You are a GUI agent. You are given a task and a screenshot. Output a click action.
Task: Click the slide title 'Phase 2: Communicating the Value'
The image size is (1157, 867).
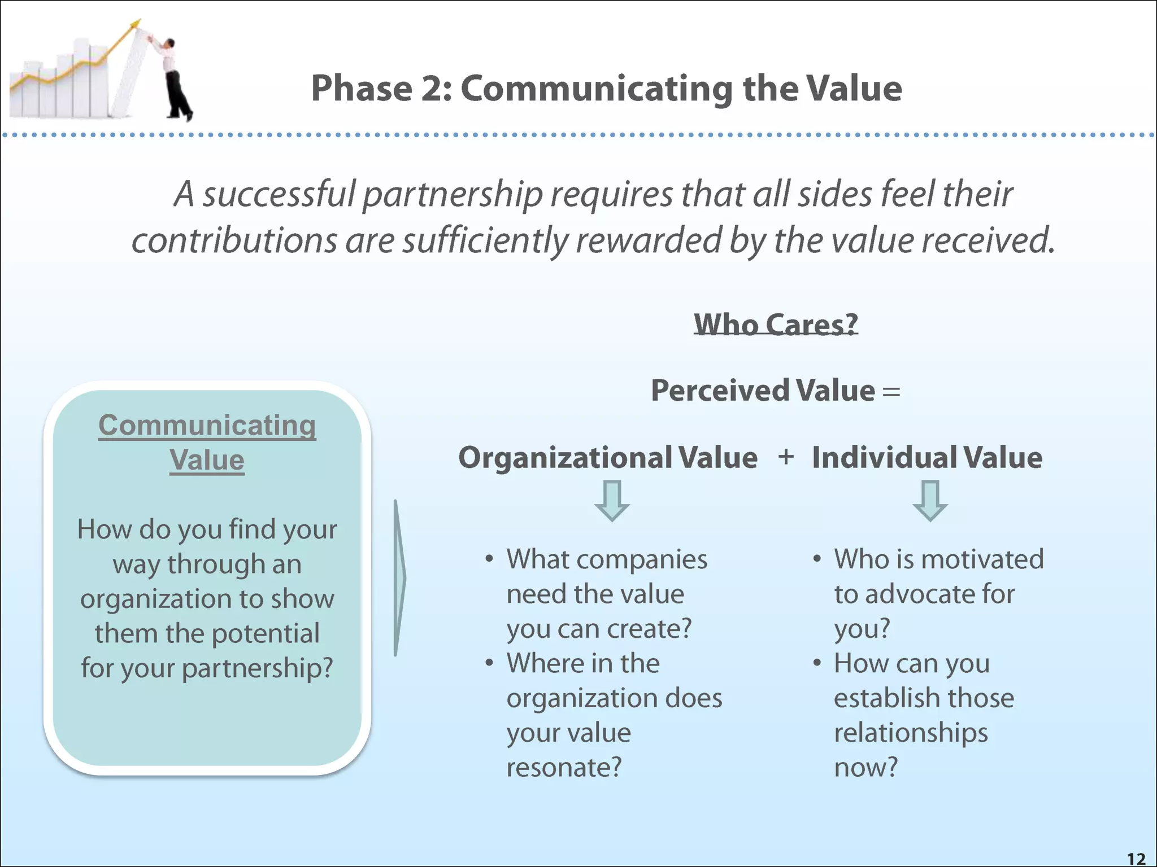[606, 89]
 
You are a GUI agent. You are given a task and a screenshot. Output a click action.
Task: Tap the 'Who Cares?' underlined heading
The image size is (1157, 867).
[776, 325]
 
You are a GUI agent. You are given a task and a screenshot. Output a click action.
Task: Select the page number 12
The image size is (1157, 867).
[1136, 859]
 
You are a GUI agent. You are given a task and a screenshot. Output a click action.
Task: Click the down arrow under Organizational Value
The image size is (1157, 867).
[612, 500]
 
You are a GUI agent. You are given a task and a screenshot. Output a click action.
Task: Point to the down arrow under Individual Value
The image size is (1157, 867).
[930, 500]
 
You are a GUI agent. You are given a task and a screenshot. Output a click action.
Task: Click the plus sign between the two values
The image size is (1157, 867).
[786, 456]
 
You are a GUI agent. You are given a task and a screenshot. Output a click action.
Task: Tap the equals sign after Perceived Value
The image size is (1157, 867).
[891, 391]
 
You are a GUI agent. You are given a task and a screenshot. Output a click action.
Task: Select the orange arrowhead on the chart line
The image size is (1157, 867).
[135, 24]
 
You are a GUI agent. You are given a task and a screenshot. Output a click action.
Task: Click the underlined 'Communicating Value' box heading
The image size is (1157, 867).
[207, 442]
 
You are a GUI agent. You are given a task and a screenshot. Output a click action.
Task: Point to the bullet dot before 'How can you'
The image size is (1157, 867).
[817, 663]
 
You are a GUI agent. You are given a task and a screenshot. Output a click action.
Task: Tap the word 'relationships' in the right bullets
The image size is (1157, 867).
[911, 733]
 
